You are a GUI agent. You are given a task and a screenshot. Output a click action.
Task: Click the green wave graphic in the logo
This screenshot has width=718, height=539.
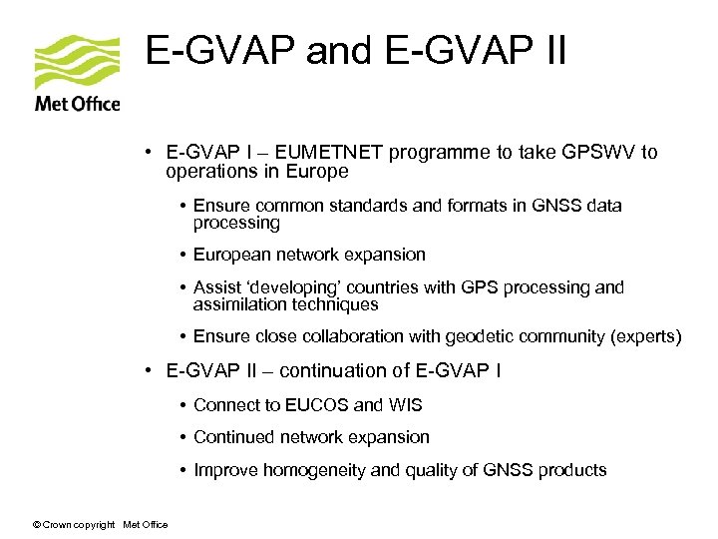[x=77, y=62]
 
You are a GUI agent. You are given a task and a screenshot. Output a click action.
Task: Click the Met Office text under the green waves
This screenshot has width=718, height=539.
[x=77, y=103]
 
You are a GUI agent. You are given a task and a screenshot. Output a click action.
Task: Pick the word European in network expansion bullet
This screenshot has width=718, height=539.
[x=231, y=255]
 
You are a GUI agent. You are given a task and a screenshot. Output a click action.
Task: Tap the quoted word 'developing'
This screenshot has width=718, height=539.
[x=295, y=287]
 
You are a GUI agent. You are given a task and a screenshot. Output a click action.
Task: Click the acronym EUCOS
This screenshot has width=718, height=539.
[x=318, y=405]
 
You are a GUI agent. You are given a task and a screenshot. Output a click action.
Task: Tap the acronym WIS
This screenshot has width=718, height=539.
[x=406, y=405]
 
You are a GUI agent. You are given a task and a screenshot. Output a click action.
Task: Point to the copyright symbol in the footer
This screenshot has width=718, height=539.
[x=36, y=525]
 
